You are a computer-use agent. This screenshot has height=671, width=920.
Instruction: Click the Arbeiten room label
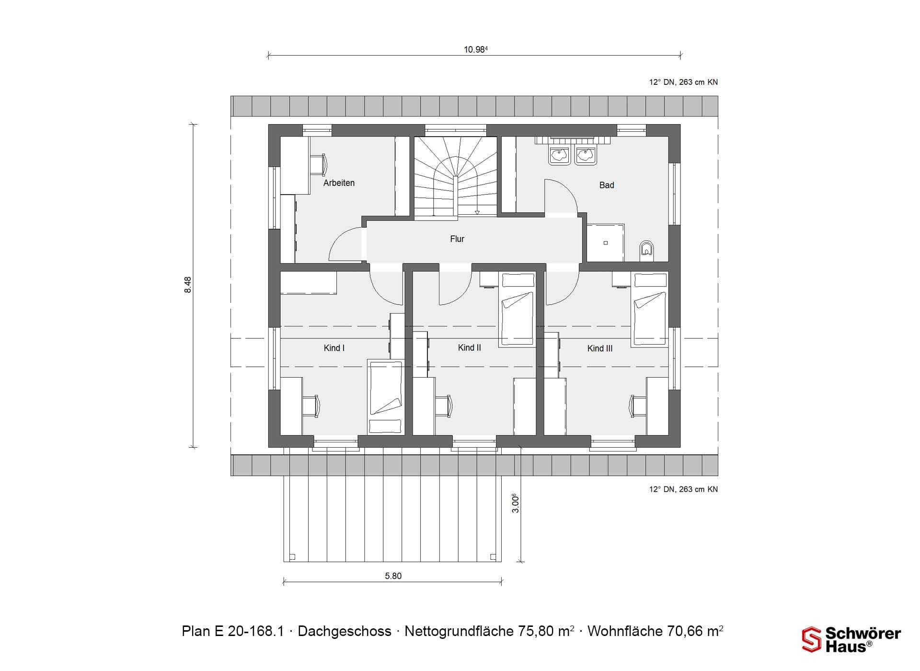coord(339,183)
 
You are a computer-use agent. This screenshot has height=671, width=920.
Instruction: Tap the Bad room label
coord(606,185)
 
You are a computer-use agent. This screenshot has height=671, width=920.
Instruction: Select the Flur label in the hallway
coord(457,239)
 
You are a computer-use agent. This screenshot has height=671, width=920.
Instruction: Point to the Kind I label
coord(334,348)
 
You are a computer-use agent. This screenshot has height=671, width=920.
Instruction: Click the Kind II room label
coord(469,347)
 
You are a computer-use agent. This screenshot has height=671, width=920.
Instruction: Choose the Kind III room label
coord(600,348)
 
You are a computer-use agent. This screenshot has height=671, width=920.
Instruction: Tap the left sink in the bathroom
coord(559,155)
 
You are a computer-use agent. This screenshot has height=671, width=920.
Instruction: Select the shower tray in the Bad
coord(606,243)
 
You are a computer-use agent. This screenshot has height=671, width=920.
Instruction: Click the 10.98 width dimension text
coord(475,49)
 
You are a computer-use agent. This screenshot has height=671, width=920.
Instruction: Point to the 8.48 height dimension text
coord(188,285)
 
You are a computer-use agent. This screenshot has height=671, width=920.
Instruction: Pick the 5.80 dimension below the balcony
coord(393,576)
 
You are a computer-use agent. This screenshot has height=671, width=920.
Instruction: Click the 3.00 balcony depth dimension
coord(515,503)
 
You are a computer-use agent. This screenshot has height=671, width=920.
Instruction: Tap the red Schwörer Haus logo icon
coord(812,639)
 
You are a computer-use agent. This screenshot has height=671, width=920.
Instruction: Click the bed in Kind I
coord(386,397)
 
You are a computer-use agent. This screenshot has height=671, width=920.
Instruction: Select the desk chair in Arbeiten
coord(318,164)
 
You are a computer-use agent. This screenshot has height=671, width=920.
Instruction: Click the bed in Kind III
coord(650,309)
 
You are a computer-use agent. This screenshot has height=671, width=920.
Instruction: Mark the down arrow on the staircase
coord(477,212)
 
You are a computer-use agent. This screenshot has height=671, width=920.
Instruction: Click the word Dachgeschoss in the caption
coord(345,631)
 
